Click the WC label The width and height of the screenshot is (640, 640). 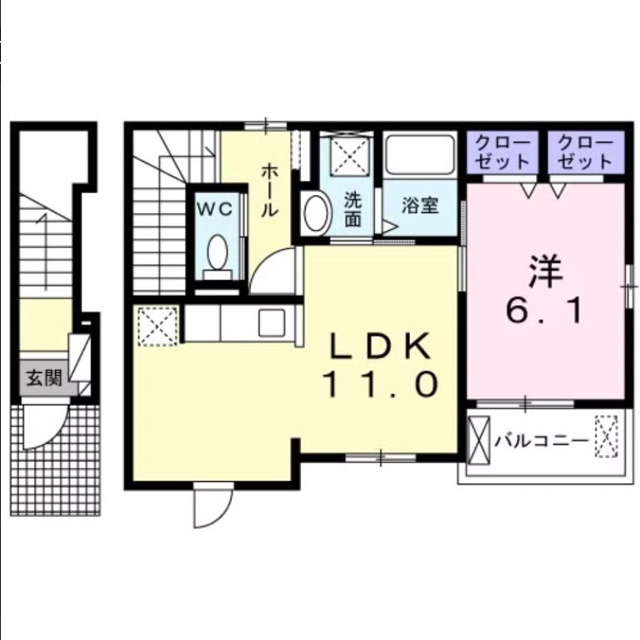point(219,209)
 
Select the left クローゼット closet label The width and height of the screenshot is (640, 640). point(504,151)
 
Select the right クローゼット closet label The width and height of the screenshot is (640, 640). point(584,151)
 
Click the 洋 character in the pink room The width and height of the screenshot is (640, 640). point(545,270)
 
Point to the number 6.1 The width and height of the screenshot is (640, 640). point(545,311)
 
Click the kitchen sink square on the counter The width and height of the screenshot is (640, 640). point(272,322)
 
